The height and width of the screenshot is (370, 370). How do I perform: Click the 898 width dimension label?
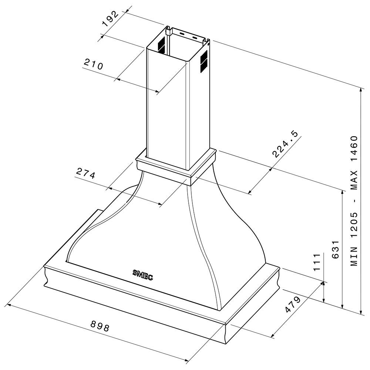coord(100,326)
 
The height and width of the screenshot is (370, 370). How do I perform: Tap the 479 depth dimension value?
coord(293,305)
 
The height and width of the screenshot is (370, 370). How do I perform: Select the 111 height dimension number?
coord(316,262)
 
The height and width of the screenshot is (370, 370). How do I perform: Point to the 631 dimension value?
coord(335,250)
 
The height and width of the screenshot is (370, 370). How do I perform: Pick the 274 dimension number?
coord(85,174)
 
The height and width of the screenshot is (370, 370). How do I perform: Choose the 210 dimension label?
coord(94,64)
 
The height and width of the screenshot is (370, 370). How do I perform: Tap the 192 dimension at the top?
coord(110,19)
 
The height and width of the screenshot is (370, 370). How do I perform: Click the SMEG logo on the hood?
coord(142,275)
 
